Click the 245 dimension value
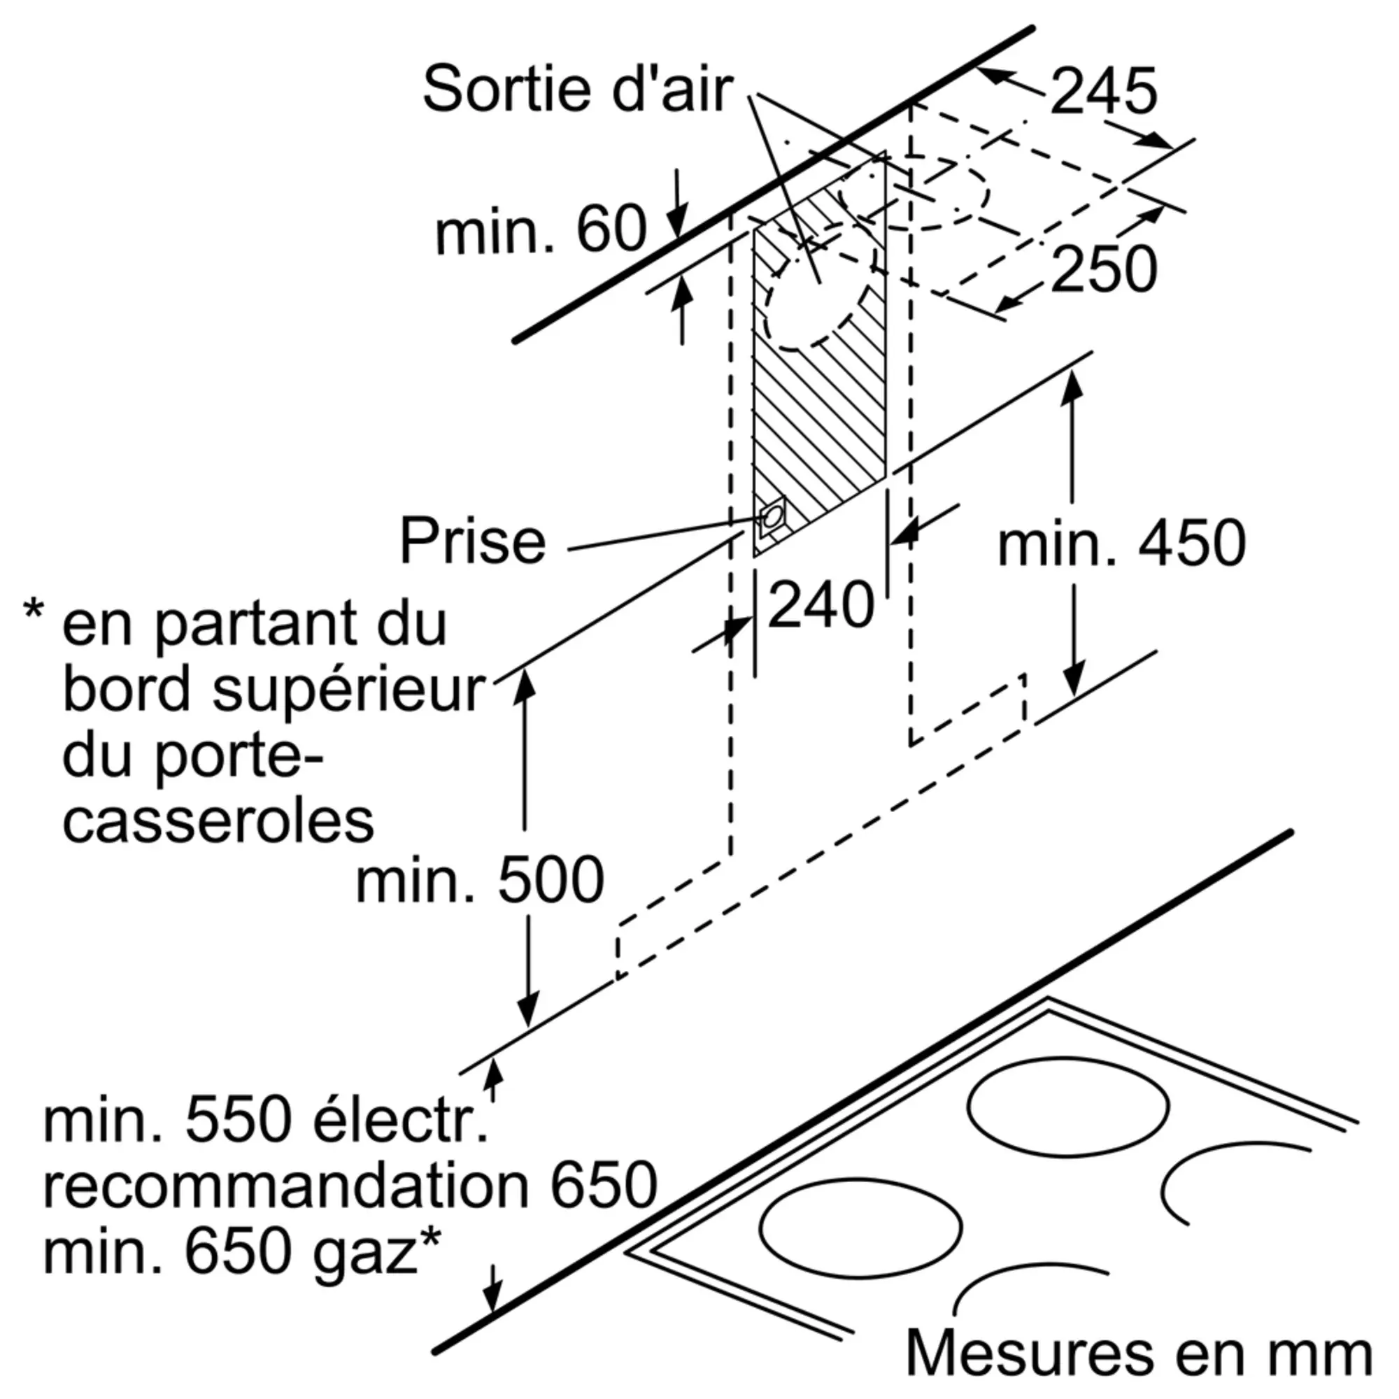(x=1104, y=91)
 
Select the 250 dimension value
(x=1104, y=269)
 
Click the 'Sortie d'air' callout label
(x=577, y=89)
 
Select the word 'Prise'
(x=472, y=540)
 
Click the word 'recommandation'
(x=286, y=1186)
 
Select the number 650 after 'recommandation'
(x=603, y=1186)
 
